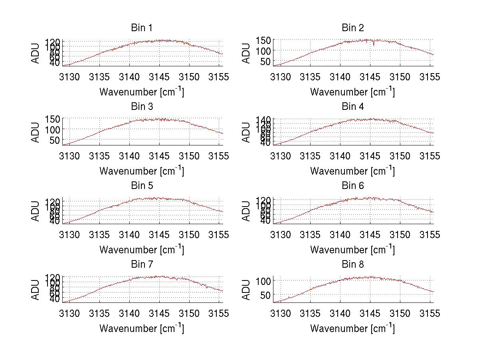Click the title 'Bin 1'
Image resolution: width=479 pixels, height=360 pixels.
click(x=141, y=28)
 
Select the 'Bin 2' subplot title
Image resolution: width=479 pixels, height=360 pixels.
click(x=353, y=28)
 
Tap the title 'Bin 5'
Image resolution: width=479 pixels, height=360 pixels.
click(x=141, y=186)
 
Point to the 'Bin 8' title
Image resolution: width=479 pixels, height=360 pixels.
click(x=353, y=265)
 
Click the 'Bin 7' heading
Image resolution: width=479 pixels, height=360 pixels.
click(x=141, y=265)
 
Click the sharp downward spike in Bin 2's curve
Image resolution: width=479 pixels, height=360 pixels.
click(x=374, y=44)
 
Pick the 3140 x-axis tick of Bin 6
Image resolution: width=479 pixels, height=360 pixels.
click(x=340, y=235)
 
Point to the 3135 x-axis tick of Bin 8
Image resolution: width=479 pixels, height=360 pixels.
click(x=311, y=313)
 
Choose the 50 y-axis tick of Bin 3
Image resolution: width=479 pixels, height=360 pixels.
click(x=54, y=140)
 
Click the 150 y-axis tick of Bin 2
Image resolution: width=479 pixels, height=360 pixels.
click(x=264, y=40)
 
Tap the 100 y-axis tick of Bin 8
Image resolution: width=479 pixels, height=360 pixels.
click(x=264, y=281)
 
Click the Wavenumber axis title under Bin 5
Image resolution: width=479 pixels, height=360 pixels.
click(x=141, y=249)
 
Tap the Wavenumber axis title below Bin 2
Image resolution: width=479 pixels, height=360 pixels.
click(x=352, y=91)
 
